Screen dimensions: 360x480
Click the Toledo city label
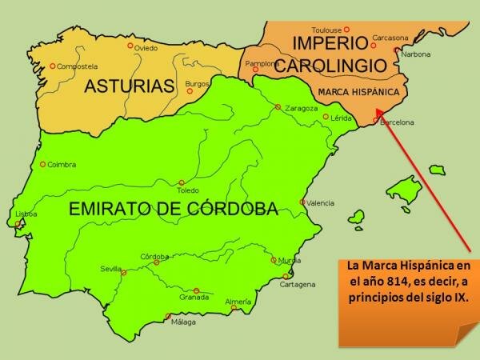[187, 191]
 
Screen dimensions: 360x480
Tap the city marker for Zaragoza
[278, 107]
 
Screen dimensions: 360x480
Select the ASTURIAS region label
[130, 86]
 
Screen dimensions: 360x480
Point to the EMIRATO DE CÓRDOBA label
[174, 210]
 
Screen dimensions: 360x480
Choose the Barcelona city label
[397, 122]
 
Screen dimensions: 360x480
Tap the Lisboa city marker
[18, 225]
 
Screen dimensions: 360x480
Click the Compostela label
[77, 66]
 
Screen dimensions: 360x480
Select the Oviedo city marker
[130, 46]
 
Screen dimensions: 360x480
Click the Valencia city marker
[302, 202]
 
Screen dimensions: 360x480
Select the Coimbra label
[62, 165]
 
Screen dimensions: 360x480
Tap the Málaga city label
[183, 323]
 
